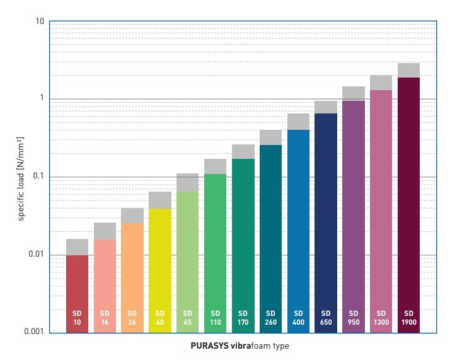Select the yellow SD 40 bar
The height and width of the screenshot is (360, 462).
pyautogui.click(x=160, y=265)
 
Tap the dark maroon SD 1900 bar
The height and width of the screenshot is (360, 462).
pyautogui.click(x=408, y=202)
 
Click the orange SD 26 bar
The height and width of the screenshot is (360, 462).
pyautogui.click(x=132, y=271)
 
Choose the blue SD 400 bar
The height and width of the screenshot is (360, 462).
pyautogui.click(x=298, y=227)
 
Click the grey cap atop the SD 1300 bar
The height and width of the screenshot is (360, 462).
pyautogui.click(x=381, y=83)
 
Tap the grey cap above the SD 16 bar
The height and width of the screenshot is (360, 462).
pyautogui.click(x=105, y=231)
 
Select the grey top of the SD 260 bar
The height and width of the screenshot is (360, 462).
pyautogui.click(x=270, y=137)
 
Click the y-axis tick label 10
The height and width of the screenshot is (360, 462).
pyautogui.click(x=39, y=22)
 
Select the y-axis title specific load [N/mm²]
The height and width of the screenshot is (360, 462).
pyautogui.click(x=21, y=178)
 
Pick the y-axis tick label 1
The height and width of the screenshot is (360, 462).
pyautogui.click(x=41, y=99)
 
